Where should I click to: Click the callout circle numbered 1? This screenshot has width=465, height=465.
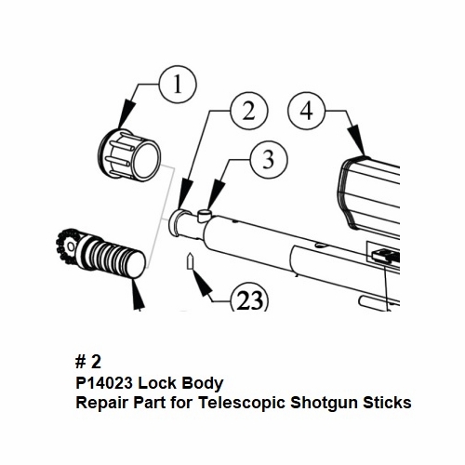coord(178,85)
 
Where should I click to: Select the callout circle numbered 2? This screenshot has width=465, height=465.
coord(249,111)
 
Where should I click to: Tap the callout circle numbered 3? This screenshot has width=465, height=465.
coord(269,160)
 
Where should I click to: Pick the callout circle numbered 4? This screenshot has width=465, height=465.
coord(306,111)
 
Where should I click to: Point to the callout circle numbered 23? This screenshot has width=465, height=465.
coord(249,299)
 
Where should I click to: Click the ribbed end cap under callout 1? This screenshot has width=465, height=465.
coord(129,154)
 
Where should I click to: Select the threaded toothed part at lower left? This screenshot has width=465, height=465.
coord(100,253)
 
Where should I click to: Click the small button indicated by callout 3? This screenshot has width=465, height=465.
coord(204,214)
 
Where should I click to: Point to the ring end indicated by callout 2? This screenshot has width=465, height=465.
coord(177,222)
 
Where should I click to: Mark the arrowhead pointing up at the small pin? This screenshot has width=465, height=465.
coord(201,282)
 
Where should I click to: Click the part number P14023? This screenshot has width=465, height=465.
coord(104,383)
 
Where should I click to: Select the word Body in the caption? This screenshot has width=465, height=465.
coord(202,384)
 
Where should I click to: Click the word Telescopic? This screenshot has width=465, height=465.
coord(242,404)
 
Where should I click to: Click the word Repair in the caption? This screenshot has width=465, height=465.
coord(102,404)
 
